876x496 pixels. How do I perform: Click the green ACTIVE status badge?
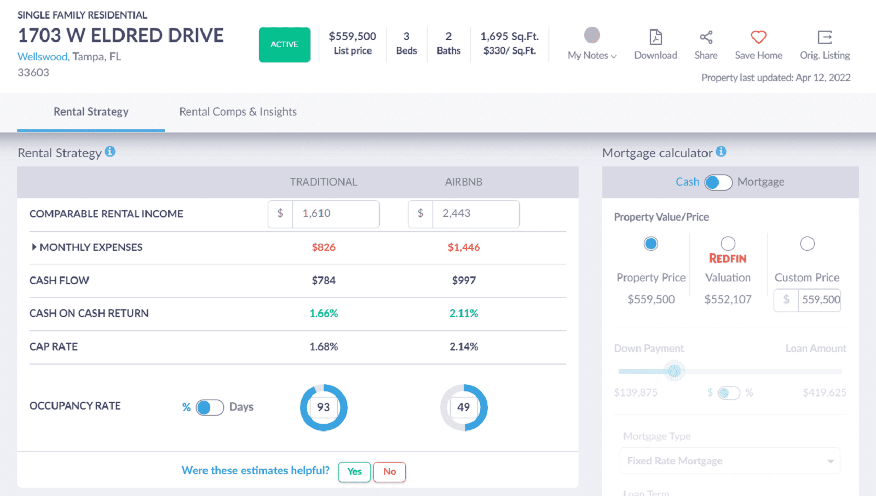(284, 44)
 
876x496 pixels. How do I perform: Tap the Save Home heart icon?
(758, 37)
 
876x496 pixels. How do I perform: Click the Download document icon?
(655, 37)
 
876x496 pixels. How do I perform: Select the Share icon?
(706, 37)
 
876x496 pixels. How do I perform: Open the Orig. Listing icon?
(825, 37)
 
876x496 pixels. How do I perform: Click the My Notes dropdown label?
(591, 55)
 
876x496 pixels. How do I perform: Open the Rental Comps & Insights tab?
(238, 112)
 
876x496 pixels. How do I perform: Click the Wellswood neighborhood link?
(43, 56)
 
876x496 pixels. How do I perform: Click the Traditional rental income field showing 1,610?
(335, 214)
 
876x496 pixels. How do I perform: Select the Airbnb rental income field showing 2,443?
(475, 214)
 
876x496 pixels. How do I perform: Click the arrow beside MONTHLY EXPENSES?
(34, 247)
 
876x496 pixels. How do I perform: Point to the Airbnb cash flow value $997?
(464, 280)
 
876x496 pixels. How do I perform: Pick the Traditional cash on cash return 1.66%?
(324, 313)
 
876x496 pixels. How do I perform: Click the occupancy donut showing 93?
(324, 407)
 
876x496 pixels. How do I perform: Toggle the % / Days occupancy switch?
(210, 407)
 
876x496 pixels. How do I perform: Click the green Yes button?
(354, 471)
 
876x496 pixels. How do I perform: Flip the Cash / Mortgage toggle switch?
(718, 182)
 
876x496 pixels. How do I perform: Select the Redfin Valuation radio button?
(728, 244)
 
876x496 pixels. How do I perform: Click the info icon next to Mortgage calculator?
(721, 152)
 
